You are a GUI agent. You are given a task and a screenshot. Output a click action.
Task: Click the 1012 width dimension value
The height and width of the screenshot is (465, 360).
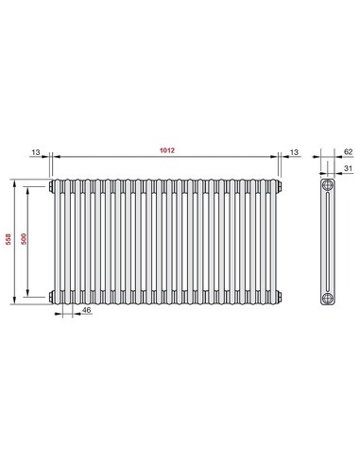[166, 150]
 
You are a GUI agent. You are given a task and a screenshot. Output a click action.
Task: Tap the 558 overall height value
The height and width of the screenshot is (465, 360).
[9, 240]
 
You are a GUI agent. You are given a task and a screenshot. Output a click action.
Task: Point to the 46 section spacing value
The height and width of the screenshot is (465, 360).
[87, 310]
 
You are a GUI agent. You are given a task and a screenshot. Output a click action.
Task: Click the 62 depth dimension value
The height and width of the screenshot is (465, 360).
[349, 151]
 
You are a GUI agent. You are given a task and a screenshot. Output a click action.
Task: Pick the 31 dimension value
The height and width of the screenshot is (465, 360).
[349, 170]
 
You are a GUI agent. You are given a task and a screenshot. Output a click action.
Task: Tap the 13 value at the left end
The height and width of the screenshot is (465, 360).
[35, 151]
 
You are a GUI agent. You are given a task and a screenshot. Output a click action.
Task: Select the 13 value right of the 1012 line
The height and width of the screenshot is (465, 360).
[296, 151]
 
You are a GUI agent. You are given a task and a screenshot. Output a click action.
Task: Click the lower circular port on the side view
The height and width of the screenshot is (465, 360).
[327, 298]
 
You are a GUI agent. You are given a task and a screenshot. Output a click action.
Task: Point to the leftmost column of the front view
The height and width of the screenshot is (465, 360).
[57, 241]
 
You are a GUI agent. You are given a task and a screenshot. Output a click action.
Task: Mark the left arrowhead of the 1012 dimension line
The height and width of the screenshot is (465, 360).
[53, 158]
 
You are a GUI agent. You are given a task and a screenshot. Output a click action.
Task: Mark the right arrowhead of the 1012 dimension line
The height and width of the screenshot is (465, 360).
[279, 158]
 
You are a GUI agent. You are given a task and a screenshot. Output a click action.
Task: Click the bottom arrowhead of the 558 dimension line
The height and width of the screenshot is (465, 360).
[14, 302]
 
